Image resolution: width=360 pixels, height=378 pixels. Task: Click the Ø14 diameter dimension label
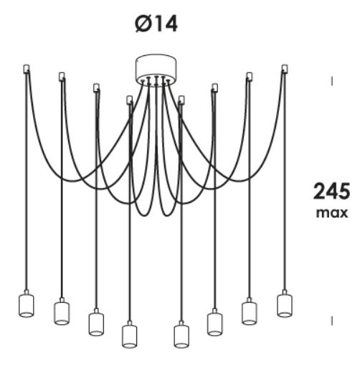[156, 24]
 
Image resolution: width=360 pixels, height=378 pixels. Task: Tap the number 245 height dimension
[331, 191]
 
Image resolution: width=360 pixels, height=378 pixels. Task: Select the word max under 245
[332, 213]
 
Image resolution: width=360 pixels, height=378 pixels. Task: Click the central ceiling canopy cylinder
[156, 69]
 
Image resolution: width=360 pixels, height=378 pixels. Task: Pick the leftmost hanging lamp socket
[27, 303]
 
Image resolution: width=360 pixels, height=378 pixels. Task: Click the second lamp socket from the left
[62, 311]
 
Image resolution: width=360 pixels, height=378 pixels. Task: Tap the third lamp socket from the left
[96, 322]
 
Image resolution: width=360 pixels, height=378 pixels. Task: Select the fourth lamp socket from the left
[130, 335]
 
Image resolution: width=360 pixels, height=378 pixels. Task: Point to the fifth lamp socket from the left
[181, 335]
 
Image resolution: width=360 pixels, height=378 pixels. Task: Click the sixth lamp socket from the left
[215, 322]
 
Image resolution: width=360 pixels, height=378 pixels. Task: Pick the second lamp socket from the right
[250, 311]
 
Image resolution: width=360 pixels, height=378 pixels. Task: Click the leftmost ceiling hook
[27, 68]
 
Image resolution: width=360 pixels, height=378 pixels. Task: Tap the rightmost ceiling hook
[285, 68]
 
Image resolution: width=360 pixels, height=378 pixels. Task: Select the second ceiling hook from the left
[62, 76]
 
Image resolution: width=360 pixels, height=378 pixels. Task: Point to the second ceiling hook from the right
[250, 76]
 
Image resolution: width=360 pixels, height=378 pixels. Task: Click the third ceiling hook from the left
[96, 88]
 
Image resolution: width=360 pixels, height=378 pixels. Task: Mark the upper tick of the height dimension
[332, 82]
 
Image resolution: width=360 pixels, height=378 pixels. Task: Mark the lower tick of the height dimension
[332, 321]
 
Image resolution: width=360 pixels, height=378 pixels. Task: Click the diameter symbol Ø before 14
[143, 24]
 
